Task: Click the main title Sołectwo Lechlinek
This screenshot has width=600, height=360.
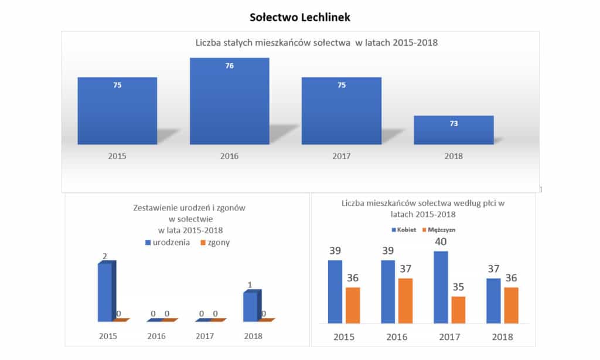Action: [x=299, y=17]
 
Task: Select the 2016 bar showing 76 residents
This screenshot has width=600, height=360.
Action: [x=229, y=101]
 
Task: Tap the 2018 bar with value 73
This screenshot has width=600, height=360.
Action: [x=454, y=130]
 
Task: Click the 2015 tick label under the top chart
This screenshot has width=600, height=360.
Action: [x=117, y=157]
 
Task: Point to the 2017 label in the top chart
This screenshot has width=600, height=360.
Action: [x=342, y=157]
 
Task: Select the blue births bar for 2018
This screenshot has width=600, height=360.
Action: [x=250, y=306]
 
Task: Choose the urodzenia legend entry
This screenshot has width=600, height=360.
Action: [x=167, y=242]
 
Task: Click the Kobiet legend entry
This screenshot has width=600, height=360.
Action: [x=405, y=230]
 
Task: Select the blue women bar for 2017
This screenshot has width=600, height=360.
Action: [x=441, y=287]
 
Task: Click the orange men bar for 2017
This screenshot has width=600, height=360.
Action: [x=459, y=310]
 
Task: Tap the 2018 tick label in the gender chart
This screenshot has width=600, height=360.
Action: [x=502, y=337]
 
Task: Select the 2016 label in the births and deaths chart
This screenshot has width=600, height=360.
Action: [x=156, y=336]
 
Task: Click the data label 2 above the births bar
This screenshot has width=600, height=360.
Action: [x=105, y=257]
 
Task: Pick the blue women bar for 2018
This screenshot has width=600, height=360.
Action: [x=493, y=301]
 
